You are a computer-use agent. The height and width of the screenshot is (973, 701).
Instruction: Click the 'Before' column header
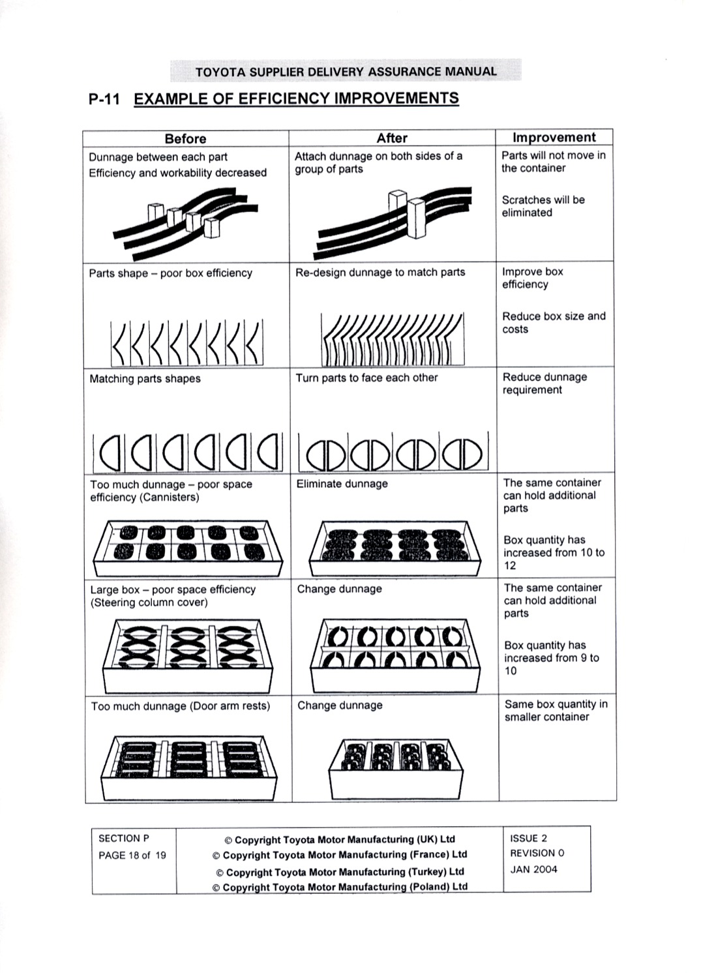pos(185,138)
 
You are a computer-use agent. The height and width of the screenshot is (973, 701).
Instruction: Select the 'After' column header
pos(392,138)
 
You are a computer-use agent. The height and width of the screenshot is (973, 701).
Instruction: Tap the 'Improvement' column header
pos(554,137)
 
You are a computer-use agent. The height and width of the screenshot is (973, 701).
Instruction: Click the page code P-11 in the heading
pos(104,99)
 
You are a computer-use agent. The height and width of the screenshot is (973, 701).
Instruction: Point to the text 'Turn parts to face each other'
pos(366,378)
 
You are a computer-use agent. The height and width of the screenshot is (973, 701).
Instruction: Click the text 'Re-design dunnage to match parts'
pos(380,272)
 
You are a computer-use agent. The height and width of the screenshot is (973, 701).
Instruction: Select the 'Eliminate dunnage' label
pos(342,484)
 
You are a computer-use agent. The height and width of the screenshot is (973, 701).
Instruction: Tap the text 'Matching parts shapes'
pos(145,379)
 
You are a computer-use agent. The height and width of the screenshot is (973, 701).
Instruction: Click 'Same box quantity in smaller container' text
pos(556,710)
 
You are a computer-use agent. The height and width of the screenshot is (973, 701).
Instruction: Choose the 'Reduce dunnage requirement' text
pos(544,383)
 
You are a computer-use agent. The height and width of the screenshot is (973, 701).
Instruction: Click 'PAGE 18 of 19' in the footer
pos(132,856)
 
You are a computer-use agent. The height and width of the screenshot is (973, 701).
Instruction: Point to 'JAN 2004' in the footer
pos(533,869)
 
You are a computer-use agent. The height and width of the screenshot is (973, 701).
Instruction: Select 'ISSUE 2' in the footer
pos(528,839)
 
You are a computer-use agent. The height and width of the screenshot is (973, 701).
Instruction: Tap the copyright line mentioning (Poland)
pos(340,887)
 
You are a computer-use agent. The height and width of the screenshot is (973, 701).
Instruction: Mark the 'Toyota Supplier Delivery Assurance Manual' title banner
pos(346,71)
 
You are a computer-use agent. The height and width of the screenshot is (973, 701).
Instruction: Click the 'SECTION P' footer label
pos(124,839)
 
